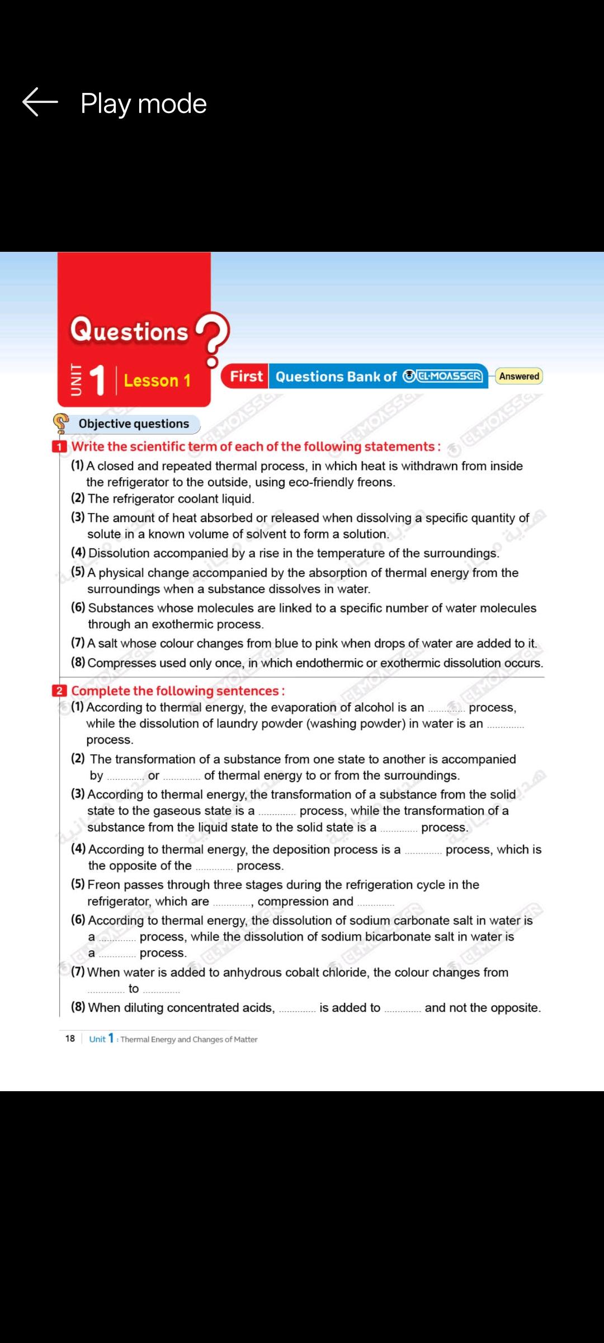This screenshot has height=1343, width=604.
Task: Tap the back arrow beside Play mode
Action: point(40,102)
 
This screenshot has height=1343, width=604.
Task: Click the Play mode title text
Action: point(144,104)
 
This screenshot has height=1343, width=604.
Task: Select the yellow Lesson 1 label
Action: point(157,381)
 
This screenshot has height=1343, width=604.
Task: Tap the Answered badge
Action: point(519,376)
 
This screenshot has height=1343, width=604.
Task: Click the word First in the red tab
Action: point(246,377)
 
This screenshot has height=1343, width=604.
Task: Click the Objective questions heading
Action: point(134,424)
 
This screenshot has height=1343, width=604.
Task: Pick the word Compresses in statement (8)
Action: point(121,663)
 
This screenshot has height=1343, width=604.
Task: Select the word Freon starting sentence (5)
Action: point(104,885)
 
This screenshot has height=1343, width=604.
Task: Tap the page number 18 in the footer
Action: point(70,1039)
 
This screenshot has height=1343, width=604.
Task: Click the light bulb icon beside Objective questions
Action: point(60,423)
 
